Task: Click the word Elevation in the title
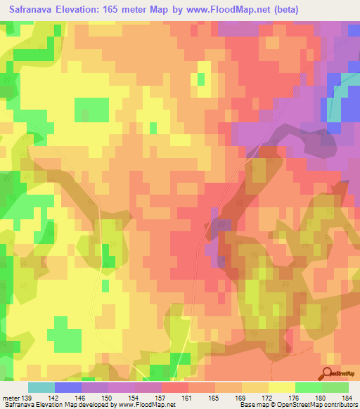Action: pos(81,10)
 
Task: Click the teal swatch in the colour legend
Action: pos(41,387)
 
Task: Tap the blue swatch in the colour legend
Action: pos(68,387)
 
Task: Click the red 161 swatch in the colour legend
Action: pos(175,387)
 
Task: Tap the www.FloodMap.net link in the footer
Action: pos(146,405)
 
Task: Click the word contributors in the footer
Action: pos(340,405)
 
